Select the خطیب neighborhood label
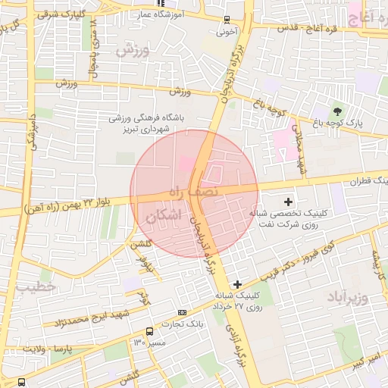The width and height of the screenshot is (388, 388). [x=36, y=288]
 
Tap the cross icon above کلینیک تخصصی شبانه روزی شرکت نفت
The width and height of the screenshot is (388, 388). [x=287, y=202]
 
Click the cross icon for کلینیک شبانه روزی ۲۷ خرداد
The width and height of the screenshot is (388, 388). [x=237, y=283]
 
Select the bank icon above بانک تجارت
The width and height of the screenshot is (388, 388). [x=181, y=312]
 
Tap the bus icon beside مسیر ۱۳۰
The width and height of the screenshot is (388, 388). [x=149, y=331]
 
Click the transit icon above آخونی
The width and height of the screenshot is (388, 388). [x=227, y=20]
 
